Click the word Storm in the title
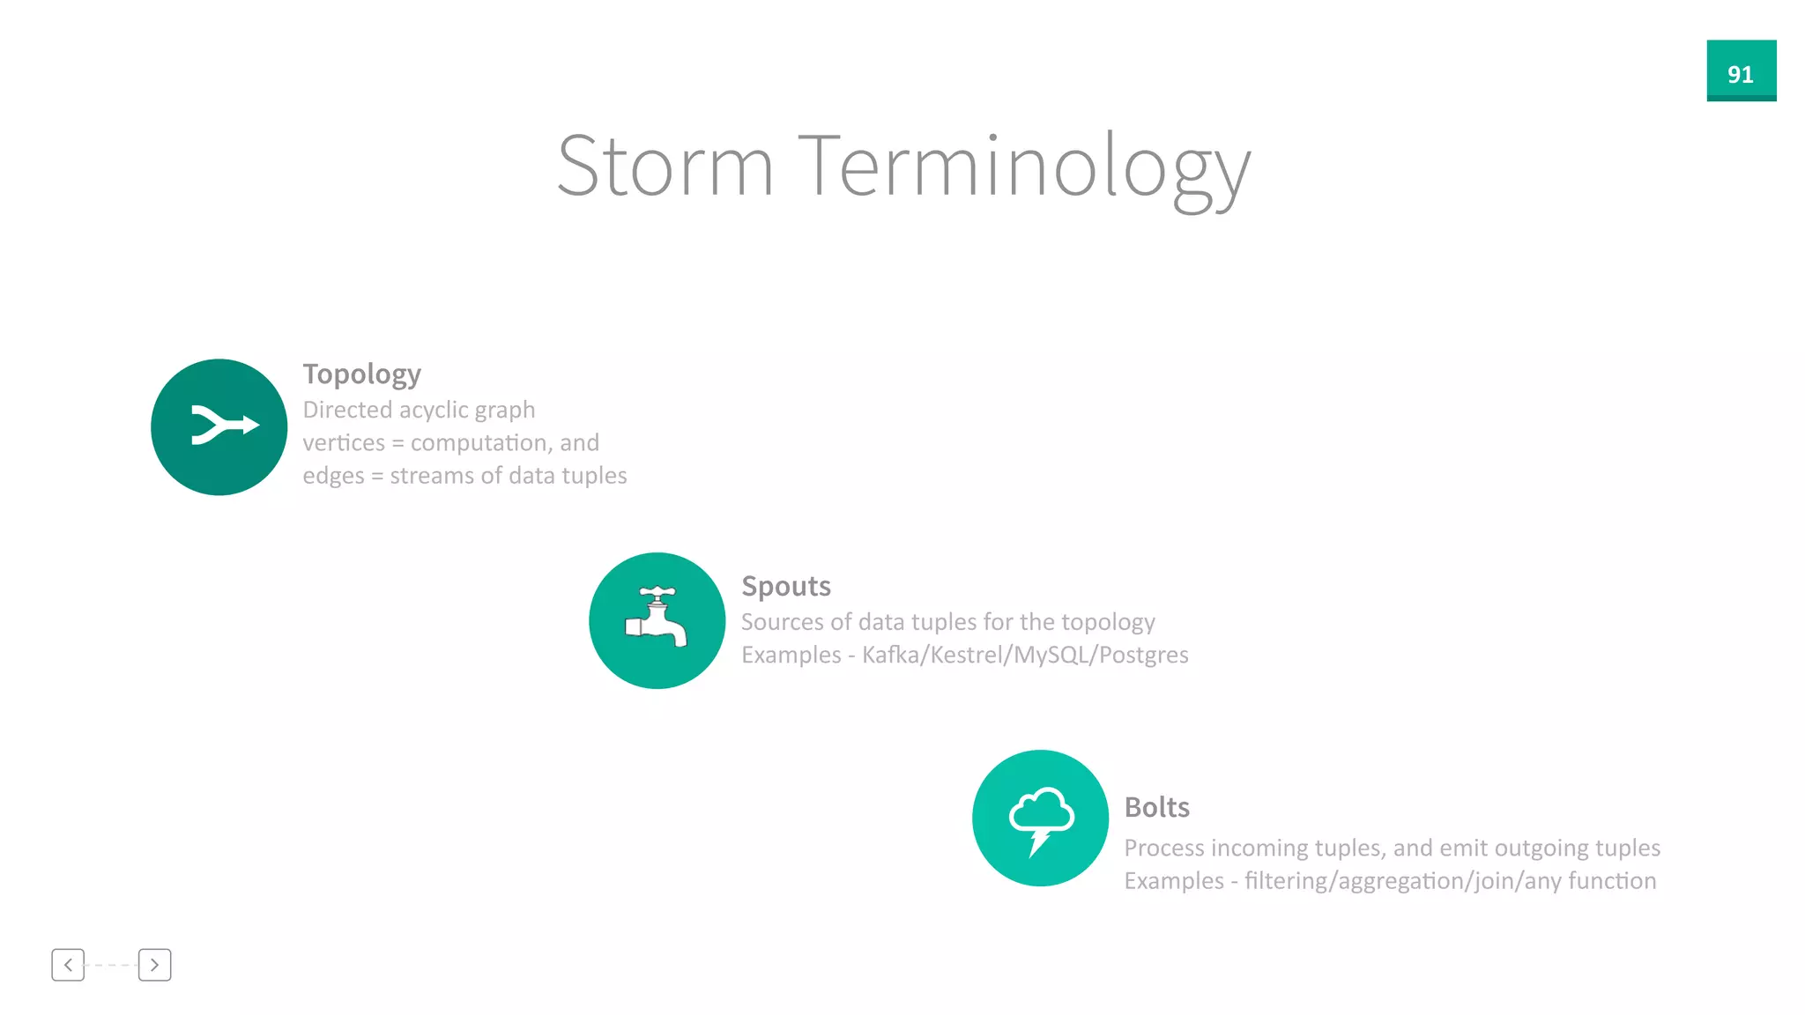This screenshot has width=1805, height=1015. click(x=665, y=167)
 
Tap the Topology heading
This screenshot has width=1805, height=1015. click(x=361, y=374)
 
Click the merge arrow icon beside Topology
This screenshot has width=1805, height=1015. click(x=220, y=426)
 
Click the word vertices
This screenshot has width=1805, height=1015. click(x=344, y=443)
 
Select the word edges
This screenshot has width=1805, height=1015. click(x=333, y=477)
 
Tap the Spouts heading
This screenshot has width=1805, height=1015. click(x=786, y=587)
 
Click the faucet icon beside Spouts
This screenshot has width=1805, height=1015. click(x=657, y=620)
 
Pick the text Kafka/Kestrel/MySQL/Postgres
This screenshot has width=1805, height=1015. click(x=1025, y=656)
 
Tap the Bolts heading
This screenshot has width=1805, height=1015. click(x=1156, y=808)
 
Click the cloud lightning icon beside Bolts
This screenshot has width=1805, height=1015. click(x=1041, y=819)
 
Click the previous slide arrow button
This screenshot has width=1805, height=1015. click(x=68, y=965)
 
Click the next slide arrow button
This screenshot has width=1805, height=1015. click(x=155, y=965)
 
